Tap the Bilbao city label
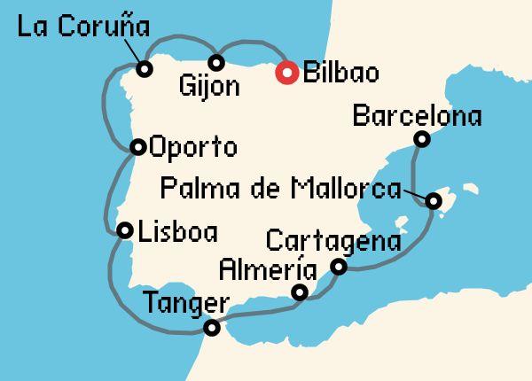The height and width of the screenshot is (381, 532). (x=340, y=73)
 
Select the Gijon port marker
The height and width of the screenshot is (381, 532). (x=215, y=62)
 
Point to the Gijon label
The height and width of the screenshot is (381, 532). (x=208, y=87)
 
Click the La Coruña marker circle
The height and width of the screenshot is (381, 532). (x=144, y=67)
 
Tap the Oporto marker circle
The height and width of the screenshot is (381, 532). (x=137, y=147)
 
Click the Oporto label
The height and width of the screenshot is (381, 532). (x=193, y=146)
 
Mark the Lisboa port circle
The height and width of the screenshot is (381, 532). (x=125, y=229)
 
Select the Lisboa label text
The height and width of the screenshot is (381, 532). (x=177, y=232)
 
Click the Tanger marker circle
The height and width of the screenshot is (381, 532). (x=211, y=328)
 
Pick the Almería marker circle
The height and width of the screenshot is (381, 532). (x=301, y=292)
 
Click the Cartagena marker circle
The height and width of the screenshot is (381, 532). (x=339, y=267)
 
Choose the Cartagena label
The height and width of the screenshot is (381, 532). (x=332, y=241)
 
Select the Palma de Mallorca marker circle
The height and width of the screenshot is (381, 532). (x=433, y=201)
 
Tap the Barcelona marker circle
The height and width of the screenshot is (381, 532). (x=423, y=139)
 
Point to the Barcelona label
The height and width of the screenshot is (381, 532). (x=417, y=116)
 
